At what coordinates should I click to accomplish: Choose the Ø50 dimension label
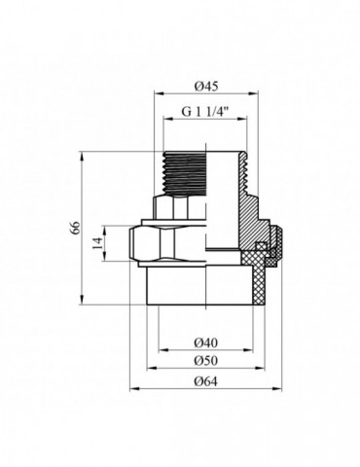click(x=204, y=360)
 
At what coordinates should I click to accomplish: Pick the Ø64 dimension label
click(x=204, y=379)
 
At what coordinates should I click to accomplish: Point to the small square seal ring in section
click(x=260, y=246)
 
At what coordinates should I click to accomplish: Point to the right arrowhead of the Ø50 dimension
click(x=266, y=369)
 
